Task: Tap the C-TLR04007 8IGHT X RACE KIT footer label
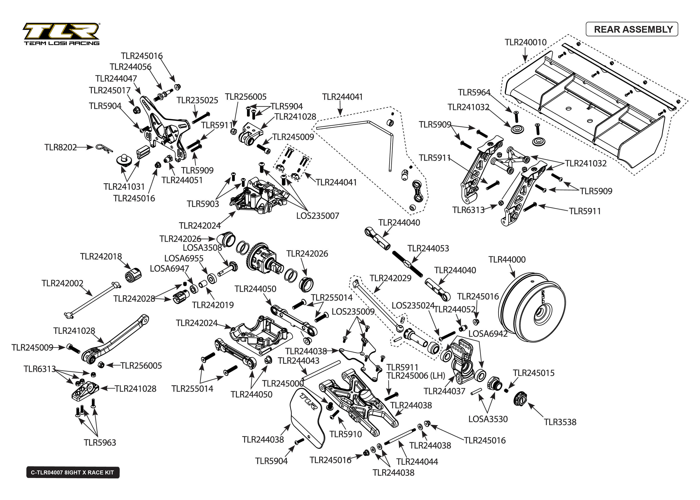coord(73,473)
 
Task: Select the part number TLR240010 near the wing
coord(525,42)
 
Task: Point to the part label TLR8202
coord(60,147)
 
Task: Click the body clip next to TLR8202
coord(104,148)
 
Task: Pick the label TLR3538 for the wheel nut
coord(560,422)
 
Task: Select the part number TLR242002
coord(62,283)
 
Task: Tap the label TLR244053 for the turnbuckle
coord(428,249)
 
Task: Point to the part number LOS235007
coord(318,216)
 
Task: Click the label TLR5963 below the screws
coord(100,443)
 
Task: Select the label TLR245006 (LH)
coord(416,376)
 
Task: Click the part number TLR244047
coord(116,78)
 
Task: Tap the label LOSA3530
coord(488,419)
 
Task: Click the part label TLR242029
coord(390,278)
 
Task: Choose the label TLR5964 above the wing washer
coord(474,92)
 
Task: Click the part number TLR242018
coord(101,257)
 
